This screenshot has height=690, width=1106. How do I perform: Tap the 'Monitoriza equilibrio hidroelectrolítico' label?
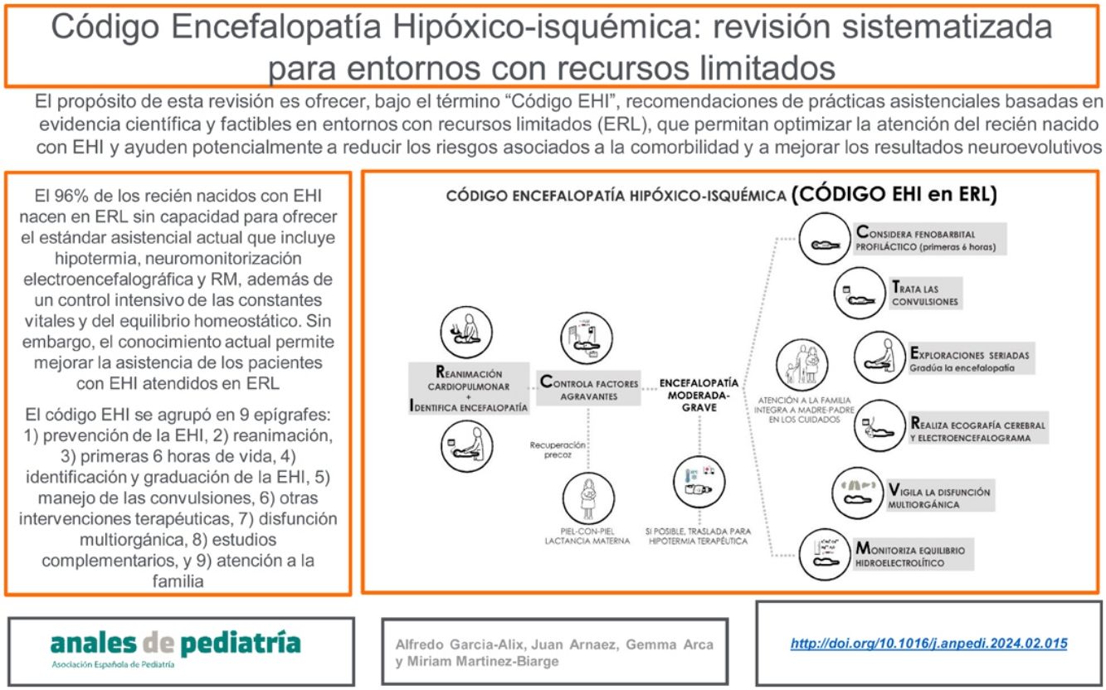(x=927, y=556)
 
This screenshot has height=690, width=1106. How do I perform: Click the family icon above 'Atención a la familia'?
(x=797, y=362)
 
